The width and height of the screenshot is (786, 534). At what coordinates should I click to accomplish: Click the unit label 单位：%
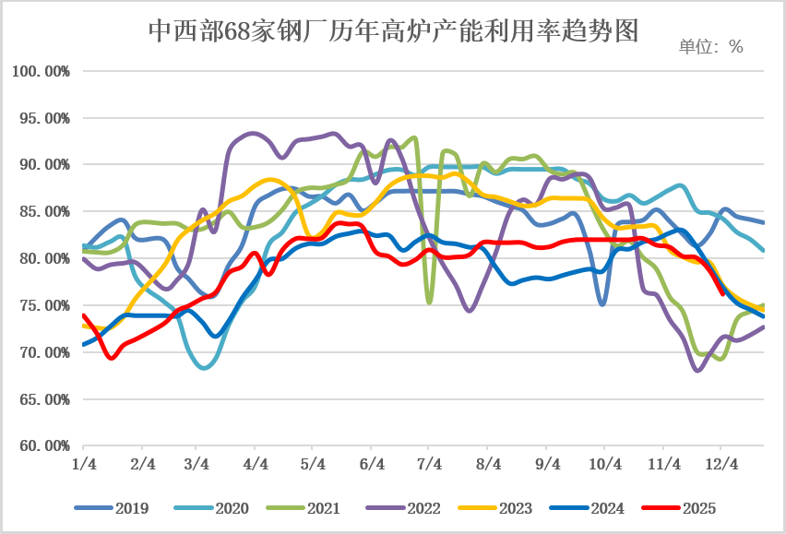pyautogui.click(x=710, y=47)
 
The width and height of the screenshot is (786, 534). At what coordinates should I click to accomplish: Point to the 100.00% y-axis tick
pyautogui.click(x=41, y=71)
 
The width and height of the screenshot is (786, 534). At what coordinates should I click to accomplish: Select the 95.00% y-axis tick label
pyautogui.click(x=41, y=118)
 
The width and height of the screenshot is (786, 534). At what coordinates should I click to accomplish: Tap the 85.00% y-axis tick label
pyautogui.click(x=41, y=212)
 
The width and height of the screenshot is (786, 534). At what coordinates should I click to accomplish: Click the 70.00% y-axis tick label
pyautogui.click(x=41, y=352)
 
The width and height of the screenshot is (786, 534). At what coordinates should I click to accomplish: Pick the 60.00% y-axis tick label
pyautogui.click(x=41, y=446)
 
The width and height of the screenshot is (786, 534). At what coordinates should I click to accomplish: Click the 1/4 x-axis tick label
pyautogui.click(x=83, y=464)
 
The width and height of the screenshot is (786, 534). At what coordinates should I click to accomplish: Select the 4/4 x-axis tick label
pyautogui.click(x=256, y=464)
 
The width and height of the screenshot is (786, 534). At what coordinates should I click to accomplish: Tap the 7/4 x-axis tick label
pyautogui.click(x=429, y=464)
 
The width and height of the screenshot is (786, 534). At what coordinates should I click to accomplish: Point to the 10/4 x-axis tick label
pyautogui.click(x=603, y=464)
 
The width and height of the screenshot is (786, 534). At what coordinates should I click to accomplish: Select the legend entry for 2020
pyautogui.click(x=230, y=507)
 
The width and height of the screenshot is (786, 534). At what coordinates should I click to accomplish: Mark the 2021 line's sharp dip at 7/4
pyautogui.click(x=429, y=302)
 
